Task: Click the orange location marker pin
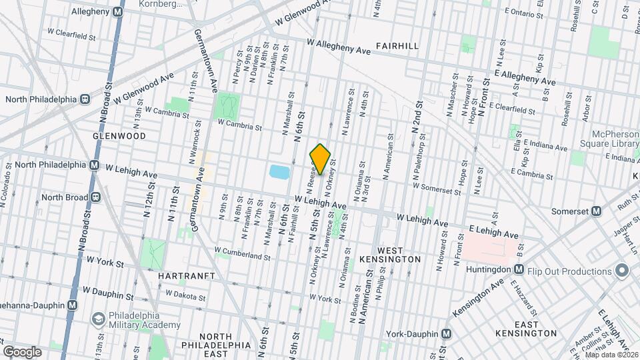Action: pyautogui.click(x=320, y=159)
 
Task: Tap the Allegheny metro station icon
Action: pyautogui.click(x=118, y=11)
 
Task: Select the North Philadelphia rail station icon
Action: pyautogui.click(x=85, y=99)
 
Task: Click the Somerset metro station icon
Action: pyautogui.click(x=597, y=211)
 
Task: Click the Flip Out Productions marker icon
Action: pyautogui.click(x=622, y=271)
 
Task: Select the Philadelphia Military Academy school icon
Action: pyautogui.click(x=99, y=319)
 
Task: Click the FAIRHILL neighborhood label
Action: pyautogui.click(x=397, y=46)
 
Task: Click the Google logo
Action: pyautogui.click(x=22, y=352)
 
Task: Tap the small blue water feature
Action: pyautogui.click(x=279, y=172)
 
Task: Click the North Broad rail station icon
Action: pyautogui.click(x=96, y=197)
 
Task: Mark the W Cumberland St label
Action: pyautogui.click(x=243, y=255)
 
